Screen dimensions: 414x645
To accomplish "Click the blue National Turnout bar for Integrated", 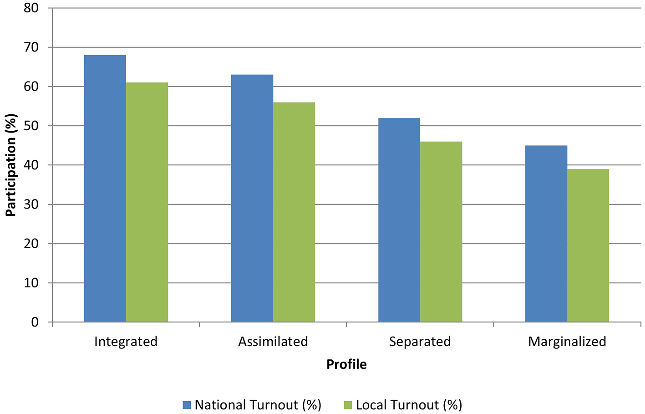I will coord(105,189).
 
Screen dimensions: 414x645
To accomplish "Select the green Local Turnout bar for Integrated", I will coord(147,202).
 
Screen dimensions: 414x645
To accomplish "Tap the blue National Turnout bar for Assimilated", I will coord(252,198).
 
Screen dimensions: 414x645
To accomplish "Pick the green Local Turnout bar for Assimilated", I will coord(294,212).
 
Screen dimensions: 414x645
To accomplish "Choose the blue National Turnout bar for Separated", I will coord(399,220).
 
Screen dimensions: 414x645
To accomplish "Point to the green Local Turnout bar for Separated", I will coord(441,232).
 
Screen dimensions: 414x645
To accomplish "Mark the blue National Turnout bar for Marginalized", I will coord(546,234).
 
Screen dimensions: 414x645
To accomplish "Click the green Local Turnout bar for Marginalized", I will coord(588,245).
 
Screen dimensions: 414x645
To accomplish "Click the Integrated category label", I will coord(126,342).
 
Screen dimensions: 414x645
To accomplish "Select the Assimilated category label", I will coord(273,342).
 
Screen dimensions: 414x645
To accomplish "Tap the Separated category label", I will coord(420,342).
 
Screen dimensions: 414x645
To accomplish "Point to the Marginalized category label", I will coord(567,342).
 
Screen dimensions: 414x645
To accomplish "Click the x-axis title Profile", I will coord(346,364).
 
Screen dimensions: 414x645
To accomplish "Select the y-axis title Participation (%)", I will coord(11,165).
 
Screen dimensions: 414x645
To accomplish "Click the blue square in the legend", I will coord(187,405).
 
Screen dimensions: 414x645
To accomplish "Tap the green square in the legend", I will coord(348,405).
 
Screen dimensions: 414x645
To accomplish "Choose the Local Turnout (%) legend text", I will coord(409,405).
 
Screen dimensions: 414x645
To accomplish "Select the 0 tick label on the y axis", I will coord(35,322).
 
